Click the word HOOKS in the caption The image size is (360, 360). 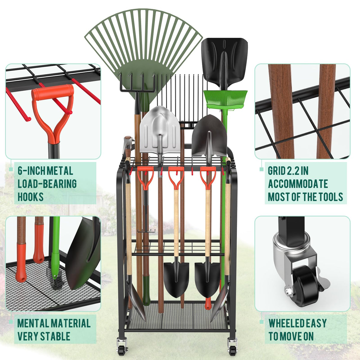31,197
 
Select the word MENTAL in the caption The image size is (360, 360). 33,323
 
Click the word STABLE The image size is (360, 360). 55,337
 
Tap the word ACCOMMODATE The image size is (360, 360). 298,184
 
